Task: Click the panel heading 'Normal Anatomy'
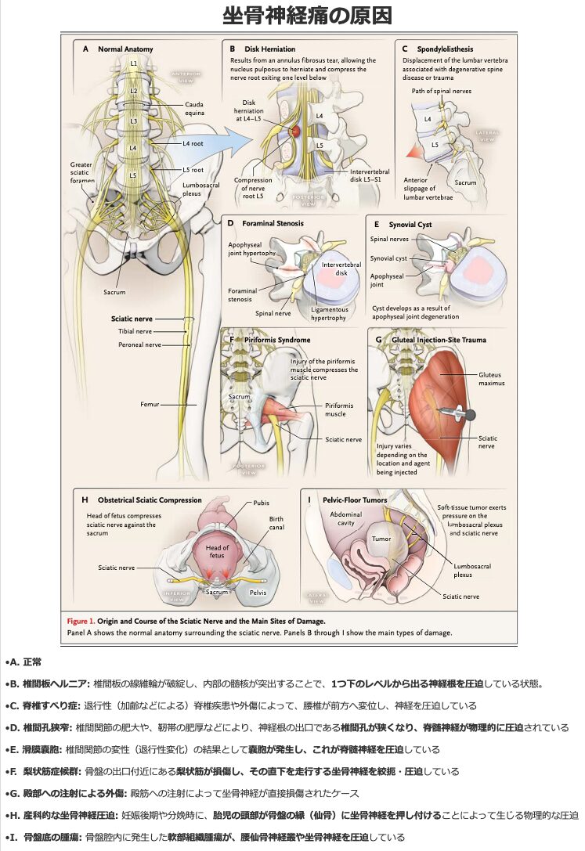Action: [125, 49]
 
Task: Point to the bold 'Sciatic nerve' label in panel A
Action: [132, 319]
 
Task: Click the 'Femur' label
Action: [150, 404]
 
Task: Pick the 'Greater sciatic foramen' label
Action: [81, 172]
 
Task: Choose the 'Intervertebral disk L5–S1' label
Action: [360, 175]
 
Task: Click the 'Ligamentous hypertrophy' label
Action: [329, 314]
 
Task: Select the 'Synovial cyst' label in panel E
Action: [389, 258]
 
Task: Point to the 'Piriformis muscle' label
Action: [339, 409]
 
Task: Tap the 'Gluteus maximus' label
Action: [491, 379]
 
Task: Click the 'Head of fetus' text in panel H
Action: [217, 551]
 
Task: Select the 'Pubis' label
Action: [261, 503]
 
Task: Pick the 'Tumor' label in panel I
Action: [381, 539]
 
